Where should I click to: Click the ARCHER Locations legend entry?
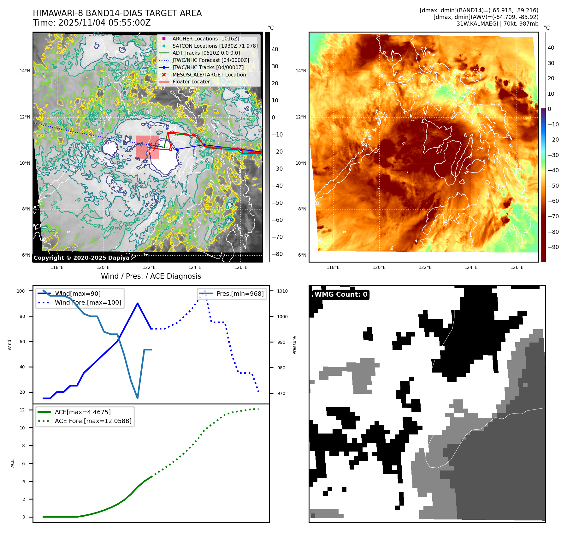point(205,39)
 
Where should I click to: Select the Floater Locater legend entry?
point(191,82)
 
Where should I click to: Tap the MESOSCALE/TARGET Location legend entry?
point(209,75)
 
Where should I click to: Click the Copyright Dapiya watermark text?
point(81,258)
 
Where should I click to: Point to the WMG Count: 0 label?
point(341,294)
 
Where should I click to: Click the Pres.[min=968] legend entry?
point(240,294)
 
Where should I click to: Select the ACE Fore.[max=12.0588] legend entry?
point(93,421)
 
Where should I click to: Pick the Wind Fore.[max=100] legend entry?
point(88,302)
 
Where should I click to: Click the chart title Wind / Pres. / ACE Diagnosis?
point(151,276)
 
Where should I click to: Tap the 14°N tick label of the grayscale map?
point(25,71)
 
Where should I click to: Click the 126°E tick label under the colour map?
point(517,267)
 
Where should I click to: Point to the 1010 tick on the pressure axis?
point(282,291)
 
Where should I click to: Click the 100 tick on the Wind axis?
point(21,291)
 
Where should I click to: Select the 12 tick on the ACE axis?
point(22,410)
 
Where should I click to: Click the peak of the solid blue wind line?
point(137,303)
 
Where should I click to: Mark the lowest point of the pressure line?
point(137,398)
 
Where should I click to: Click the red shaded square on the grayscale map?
point(147,147)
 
